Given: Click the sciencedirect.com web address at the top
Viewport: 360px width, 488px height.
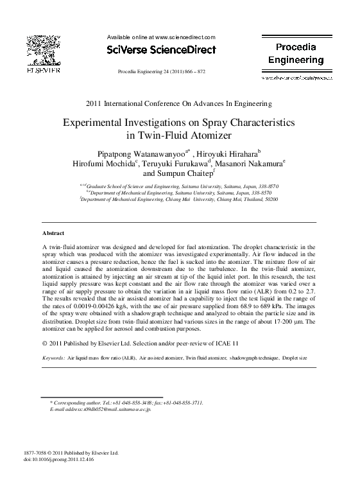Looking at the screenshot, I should pyautogui.click(x=185, y=37).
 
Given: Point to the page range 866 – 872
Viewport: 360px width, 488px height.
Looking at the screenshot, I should pyautogui.click(x=193, y=72).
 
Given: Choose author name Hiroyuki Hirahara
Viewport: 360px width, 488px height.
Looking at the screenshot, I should pyautogui.click(x=226, y=153).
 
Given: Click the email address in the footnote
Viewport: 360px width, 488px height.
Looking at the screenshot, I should pyautogui.click(x=113, y=408).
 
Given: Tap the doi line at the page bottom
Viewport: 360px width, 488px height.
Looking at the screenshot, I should pyautogui.click(x=58, y=460).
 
